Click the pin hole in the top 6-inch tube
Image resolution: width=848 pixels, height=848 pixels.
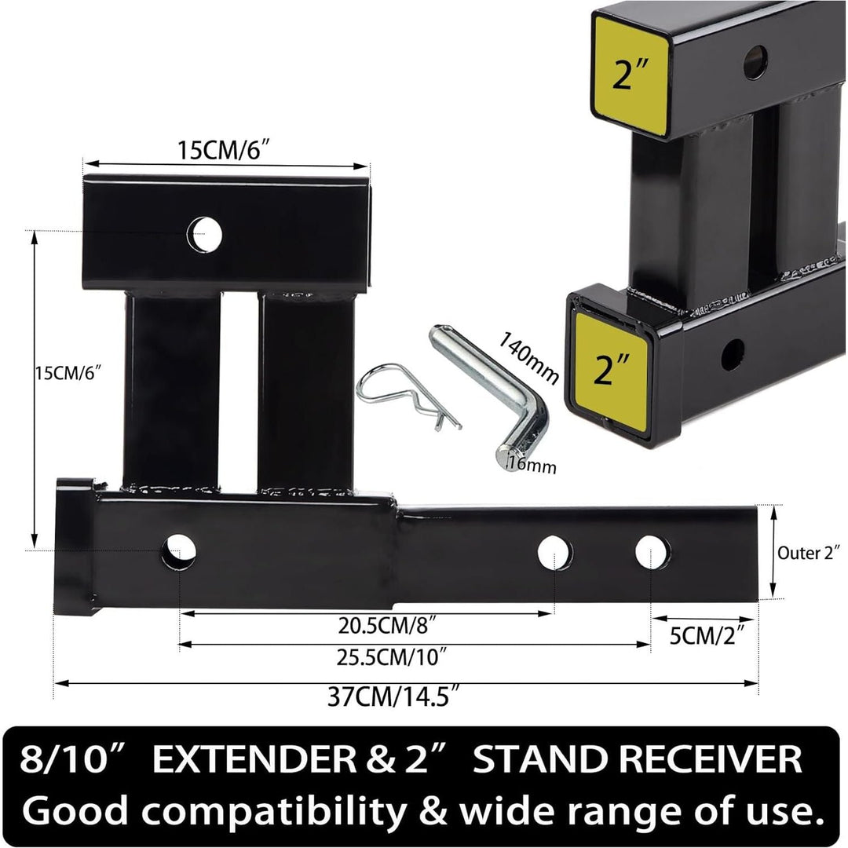pyautogui.click(x=204, y=234)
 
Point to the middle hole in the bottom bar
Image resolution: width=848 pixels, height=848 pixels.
pyautogui.click(x=555, y=553)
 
